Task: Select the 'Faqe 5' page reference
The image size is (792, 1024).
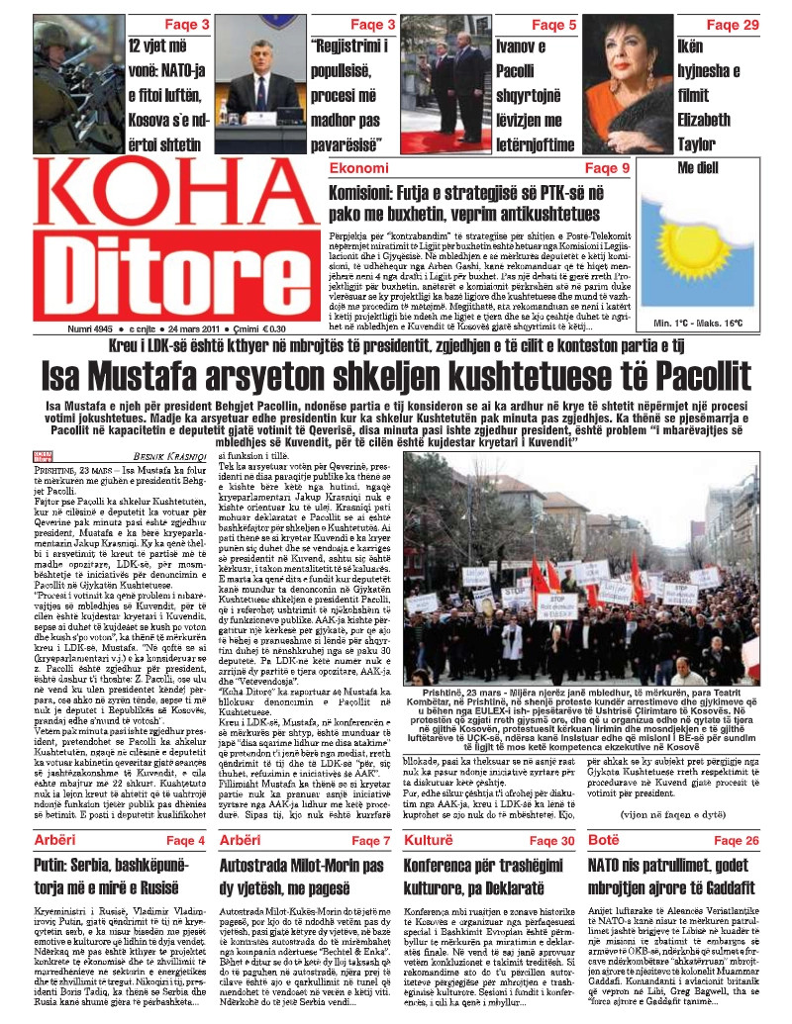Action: click(x=554, y=24)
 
